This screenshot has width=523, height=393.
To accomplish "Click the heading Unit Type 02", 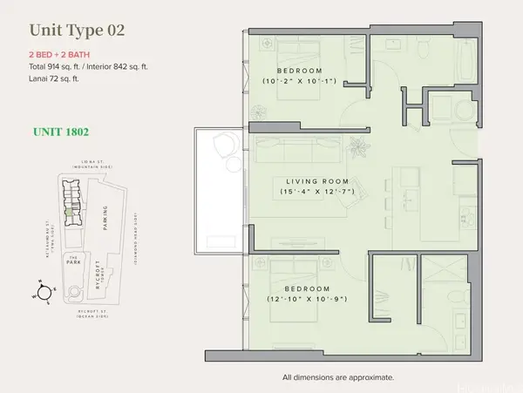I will [77, 30].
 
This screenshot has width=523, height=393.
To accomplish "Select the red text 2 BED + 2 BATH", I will [63, 54].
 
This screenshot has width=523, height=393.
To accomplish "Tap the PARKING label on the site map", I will [104, 213].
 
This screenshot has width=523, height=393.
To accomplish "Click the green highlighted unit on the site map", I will [68, 211].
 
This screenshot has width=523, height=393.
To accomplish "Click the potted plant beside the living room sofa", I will [356, 145].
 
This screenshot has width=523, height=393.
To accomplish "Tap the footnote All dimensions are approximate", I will [338, 377].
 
